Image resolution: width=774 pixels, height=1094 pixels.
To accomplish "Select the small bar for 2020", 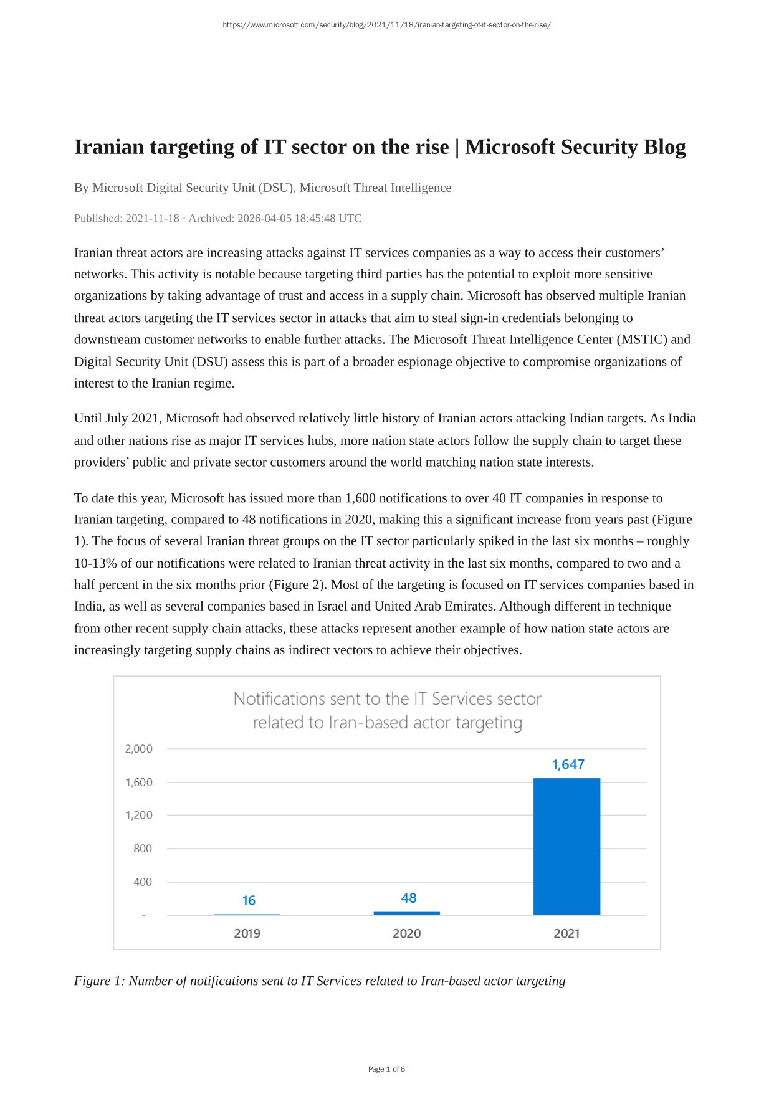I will (406, 913).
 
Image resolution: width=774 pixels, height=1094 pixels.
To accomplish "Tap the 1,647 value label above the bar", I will (568, 764).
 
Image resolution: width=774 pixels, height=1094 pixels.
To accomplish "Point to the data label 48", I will (409, 898).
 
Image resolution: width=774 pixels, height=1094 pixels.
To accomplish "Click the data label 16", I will (249, 900).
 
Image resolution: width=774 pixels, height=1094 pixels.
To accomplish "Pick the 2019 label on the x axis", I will (247, 933).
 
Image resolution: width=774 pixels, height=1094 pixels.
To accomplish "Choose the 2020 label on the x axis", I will (406, 933).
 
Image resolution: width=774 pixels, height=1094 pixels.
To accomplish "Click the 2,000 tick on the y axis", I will (138, 749).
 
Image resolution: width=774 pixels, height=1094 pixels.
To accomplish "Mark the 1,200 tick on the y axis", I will (138, 815).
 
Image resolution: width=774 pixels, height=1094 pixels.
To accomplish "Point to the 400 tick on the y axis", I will (142, 882).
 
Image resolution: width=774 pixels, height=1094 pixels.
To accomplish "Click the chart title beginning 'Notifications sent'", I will (387, 710).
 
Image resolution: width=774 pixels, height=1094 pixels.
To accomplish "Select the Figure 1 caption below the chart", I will (320, 981).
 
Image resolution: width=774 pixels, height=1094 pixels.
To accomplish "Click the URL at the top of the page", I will (386, 25).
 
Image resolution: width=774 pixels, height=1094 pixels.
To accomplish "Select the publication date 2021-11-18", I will (152, 218).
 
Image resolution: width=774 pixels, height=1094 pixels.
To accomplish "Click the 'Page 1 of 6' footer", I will (386, 1069).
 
